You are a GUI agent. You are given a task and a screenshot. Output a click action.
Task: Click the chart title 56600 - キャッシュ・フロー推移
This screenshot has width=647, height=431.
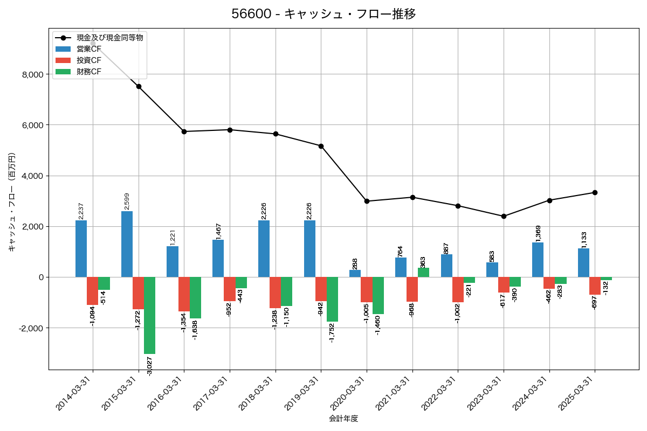point(323,14)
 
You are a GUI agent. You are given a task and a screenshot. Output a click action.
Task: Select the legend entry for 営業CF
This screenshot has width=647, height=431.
point(88,49)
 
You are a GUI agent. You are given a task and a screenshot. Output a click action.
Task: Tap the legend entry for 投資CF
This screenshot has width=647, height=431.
point(88,60)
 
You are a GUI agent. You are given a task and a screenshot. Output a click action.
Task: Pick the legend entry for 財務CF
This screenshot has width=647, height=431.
point(88,72)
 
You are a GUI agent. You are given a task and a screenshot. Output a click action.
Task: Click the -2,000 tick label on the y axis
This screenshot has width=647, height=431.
point(31,328)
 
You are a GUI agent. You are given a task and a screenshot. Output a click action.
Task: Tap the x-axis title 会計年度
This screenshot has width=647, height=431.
point(343,419)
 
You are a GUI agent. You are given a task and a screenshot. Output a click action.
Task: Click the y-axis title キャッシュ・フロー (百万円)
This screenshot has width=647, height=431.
point(12,201)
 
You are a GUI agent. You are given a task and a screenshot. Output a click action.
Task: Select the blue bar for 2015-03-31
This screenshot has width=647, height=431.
point(127,244)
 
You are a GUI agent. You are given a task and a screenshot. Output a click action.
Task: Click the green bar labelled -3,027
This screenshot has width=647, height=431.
point(149,315)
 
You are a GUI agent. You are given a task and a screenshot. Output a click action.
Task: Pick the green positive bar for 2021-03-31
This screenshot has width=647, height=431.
point(424,273)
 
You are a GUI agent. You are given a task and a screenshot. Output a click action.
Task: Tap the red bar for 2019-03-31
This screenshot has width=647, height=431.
point(321,289)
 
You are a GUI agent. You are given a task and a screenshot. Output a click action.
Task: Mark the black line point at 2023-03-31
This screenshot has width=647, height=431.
point(504,216)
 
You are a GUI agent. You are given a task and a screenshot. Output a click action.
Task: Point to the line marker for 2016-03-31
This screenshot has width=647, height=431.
point(184,131)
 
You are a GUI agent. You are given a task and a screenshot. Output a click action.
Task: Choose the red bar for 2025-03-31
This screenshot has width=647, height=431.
point(595,286)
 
